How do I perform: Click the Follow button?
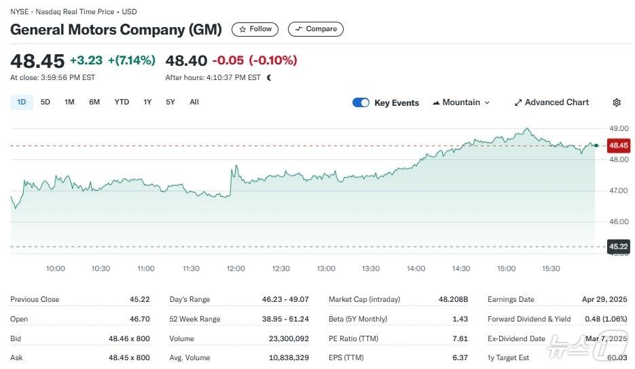(x=255, y=29)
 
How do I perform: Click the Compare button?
(x=316, y=29)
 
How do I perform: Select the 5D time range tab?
(x=46, y=102)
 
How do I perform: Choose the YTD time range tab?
(x=122, y=102)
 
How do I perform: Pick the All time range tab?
(x=194, y=102)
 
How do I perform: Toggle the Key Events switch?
(x=361, y=103)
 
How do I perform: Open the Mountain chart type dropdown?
(x=461, y=102)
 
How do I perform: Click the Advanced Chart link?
(x=551, y=102)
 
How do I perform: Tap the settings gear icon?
(x=617, y=103)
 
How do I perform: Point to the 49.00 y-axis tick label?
(x=618, y=128)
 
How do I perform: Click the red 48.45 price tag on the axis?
(x=619, y=145)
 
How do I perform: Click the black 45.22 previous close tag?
(x=618, y=247)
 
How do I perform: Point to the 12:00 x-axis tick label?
(x=236, y=269)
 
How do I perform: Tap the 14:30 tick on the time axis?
(x=461, y=269)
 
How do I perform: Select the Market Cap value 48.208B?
(x=448, y=299)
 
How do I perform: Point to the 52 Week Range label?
(x=194, y=319)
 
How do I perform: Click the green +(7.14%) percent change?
(x=132, y=60)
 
